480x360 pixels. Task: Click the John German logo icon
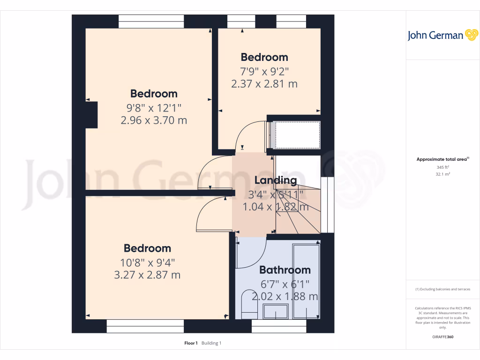[x=471, y=35]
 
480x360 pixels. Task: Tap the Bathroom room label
[x=285, y=270]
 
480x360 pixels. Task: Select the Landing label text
[x=276, y=180]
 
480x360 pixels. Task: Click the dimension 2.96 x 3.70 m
[x=154, y=120]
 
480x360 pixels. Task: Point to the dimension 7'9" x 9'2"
[x=264, y=71]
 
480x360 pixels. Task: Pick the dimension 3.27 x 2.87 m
[x=147, y=275]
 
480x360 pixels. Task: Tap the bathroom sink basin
[x=276, y=311]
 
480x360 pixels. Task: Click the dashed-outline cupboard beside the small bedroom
[x=297, y=135]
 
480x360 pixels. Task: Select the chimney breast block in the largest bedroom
[x=91, y=115]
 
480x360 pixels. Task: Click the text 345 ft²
[x=443, y=167]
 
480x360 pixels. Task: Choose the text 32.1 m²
[x=443, y=173]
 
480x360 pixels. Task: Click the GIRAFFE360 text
[x=443, y=337]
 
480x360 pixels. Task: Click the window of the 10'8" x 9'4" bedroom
[x=145, y=326]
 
